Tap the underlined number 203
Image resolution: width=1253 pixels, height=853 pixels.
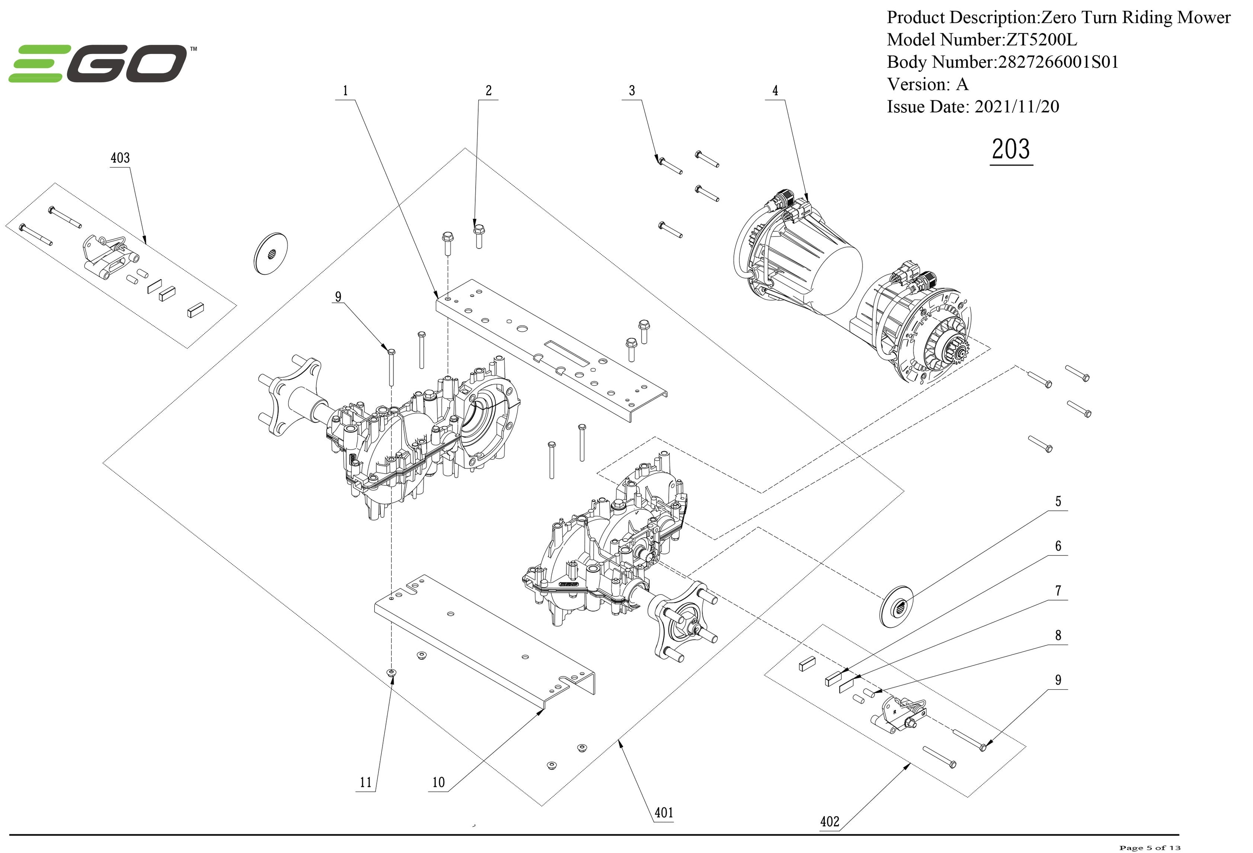pos(1011,150)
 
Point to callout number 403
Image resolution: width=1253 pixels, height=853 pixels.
pos(120,158)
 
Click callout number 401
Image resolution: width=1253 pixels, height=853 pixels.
pos(664,812)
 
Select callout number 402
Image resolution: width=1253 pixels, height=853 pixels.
pos(829,821)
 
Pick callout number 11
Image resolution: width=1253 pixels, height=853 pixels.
pos(365,782)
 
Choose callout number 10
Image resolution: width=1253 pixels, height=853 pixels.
pos(438,782)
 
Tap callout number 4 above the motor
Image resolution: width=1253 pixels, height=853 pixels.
pos(775,91)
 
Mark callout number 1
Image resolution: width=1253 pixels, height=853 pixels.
pos(345,91)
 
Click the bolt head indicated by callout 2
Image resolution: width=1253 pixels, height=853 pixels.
pos(478,230)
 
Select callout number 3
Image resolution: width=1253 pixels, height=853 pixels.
pos(632,91)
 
